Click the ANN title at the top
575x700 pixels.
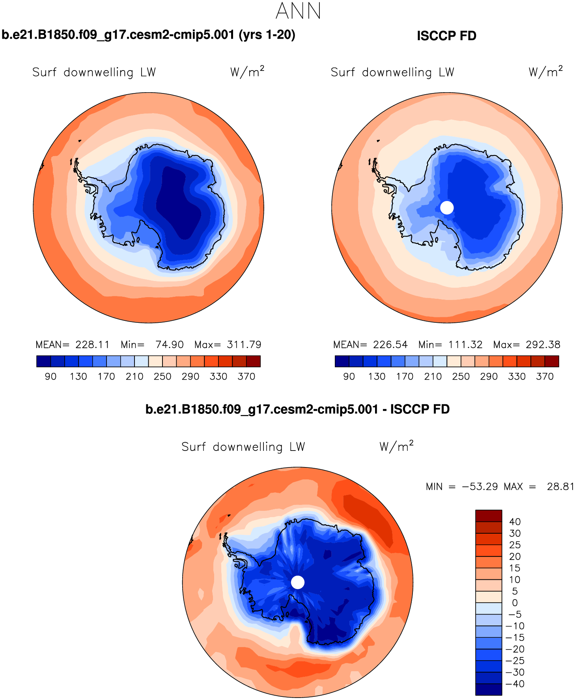pos(298,11)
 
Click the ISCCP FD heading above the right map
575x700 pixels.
pos(446,36)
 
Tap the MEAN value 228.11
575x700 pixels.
pos(92,344)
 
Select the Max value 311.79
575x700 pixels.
pos(244,344)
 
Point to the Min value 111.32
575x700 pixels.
pos(465,344)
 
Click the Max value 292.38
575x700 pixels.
pos(543,344)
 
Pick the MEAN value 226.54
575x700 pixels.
pos(390,344)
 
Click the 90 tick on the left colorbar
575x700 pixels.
pos(50,376)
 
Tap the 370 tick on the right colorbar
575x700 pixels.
pos(545,376)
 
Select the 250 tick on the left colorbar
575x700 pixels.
pos(162,376)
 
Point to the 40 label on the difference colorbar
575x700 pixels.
pos(515,522)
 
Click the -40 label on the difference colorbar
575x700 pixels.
pos(515,684)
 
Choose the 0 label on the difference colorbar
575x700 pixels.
pos(515,603)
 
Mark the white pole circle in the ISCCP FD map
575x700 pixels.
pos(447,207)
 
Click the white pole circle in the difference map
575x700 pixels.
pos(298,582)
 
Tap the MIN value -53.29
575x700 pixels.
pos(480,486)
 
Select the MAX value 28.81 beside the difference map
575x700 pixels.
pos(560,486)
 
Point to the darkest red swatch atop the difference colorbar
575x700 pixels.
pos(489,516)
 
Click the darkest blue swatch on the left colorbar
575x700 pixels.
pos(43,361)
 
